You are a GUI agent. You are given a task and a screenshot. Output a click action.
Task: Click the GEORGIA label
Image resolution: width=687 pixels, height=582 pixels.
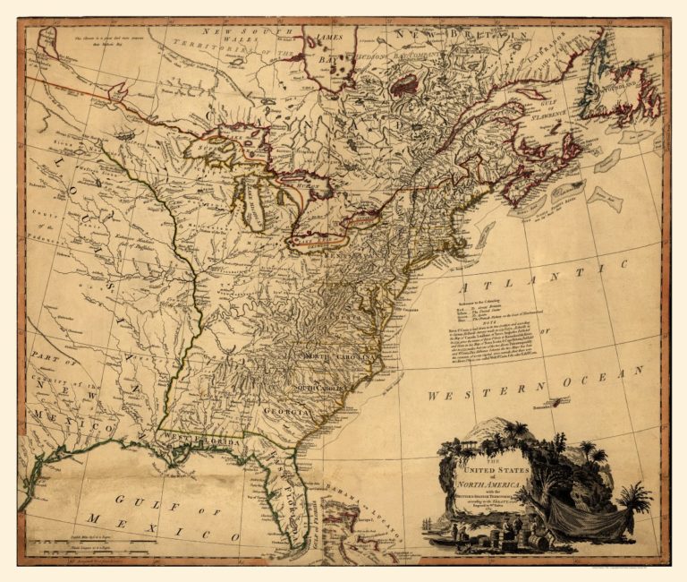click(284, 412)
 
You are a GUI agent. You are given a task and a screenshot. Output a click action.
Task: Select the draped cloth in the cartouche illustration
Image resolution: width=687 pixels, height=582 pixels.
click(582, 518)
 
